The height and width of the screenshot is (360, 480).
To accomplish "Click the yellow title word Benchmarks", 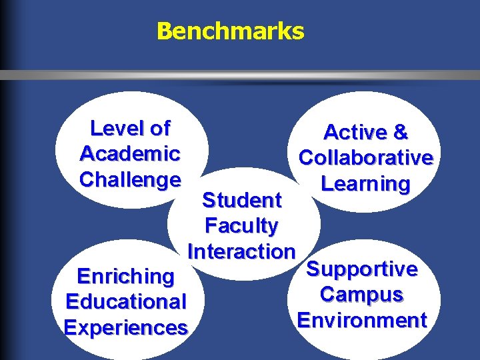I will click(x=230, y=31).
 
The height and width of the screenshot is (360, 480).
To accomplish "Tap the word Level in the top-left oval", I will click(x=111, y=127).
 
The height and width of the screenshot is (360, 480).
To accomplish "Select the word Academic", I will click(x=130, y=153).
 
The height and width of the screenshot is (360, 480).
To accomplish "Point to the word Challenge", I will click(x=130, y=179).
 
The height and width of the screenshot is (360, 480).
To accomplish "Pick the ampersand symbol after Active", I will click(x=400, y=132).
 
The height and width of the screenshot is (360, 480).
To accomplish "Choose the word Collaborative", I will click(x=366, y=158).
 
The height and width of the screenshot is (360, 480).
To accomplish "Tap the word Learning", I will click(x=365, y=183).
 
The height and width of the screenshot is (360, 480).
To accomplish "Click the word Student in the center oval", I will click(x=241, y=200).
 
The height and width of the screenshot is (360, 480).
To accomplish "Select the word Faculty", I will click(x=241, y=226).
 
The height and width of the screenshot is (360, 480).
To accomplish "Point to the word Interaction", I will click(x=241, y=251).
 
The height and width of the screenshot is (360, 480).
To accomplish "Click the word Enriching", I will click(x=125, y=276).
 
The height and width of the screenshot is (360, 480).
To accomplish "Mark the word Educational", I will click(x=125, y=301).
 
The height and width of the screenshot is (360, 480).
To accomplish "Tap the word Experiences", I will click(x=125, y=327).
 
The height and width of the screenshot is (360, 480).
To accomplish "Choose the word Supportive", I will click(x=362, y=269).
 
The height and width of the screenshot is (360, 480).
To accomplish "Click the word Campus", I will click(x=362, y=294).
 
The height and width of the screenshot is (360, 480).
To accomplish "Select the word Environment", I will click(x=362, y=320).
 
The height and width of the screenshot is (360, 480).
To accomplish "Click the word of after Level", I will click(x=157, y=127).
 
